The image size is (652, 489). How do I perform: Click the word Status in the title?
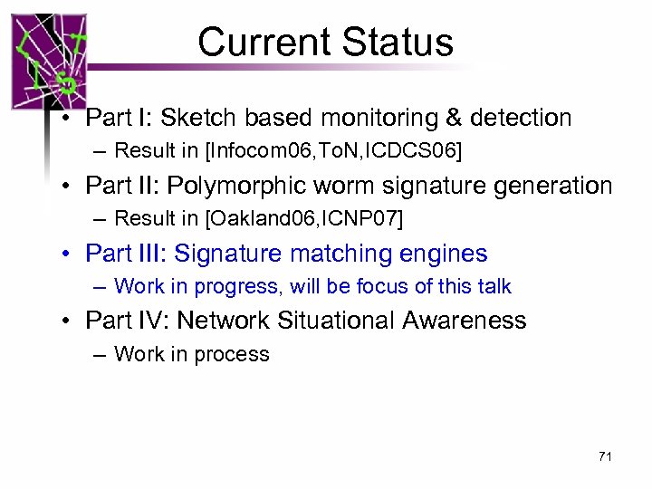[399, 42]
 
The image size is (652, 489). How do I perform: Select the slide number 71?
[605, 456]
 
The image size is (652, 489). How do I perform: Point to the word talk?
[494, 286]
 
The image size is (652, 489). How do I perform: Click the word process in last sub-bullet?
[233, 354]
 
